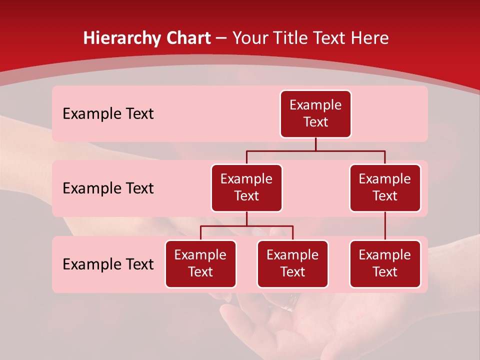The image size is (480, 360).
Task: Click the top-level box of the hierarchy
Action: coord(315,114)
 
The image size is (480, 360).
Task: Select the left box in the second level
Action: coord(246,188)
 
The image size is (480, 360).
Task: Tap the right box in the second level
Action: coord(385,188)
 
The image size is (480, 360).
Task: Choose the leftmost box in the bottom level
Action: coord(200,264)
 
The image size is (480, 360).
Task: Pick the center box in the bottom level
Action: coord(292,264)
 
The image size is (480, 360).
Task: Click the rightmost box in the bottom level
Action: coord(385,264)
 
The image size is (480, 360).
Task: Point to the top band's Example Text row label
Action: coord(108,114)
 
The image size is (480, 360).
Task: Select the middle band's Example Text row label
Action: coord(108,188)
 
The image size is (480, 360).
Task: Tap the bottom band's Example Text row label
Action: coord(108,264)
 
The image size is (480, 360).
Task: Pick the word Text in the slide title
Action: coord(327,38)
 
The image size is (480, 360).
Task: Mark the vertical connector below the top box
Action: coord(315,144)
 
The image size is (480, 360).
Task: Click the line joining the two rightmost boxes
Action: coord(385,226)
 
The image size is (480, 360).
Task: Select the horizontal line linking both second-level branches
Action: coord(315,150)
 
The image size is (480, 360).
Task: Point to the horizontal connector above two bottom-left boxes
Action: coord(246,226)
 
